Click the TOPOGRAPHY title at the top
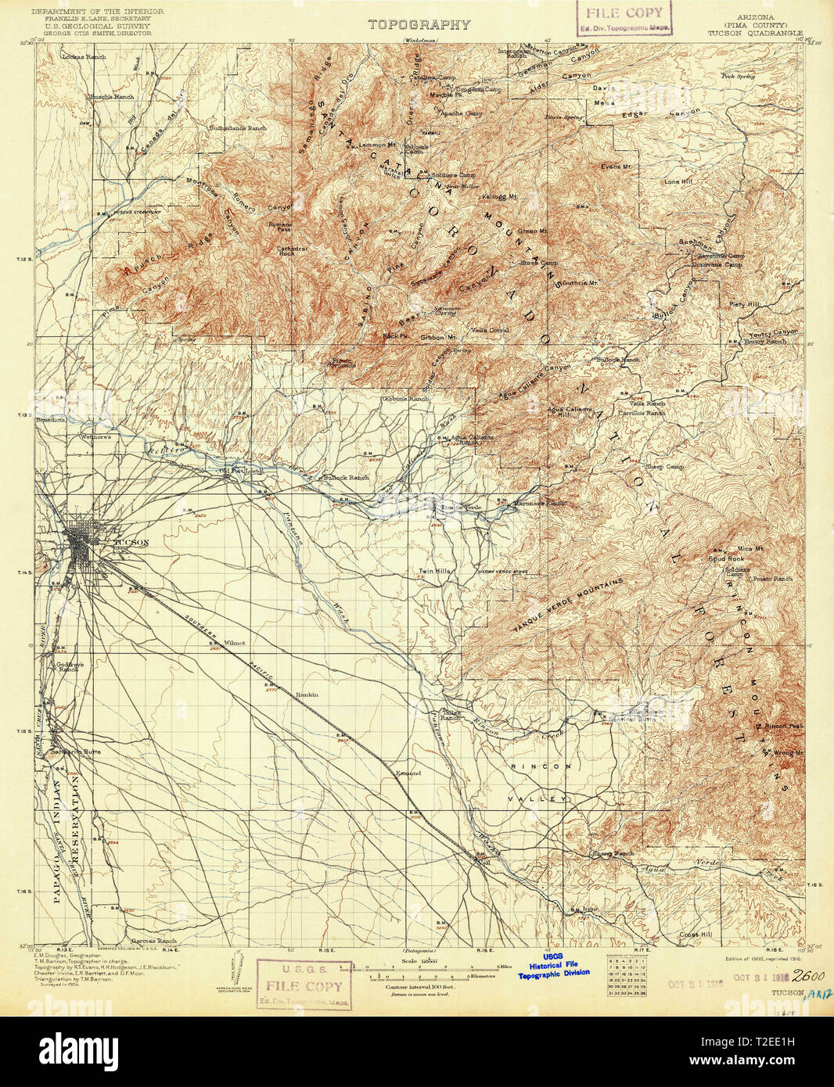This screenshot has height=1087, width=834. (419, 24)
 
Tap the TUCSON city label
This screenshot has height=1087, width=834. (130, 543)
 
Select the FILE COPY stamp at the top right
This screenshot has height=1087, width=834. (624, 18)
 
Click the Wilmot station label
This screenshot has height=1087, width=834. (234, 643)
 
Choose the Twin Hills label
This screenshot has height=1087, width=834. (435, 572)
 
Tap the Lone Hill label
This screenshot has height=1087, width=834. (678, 181)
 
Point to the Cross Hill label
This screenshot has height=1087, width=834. (696, 935)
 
